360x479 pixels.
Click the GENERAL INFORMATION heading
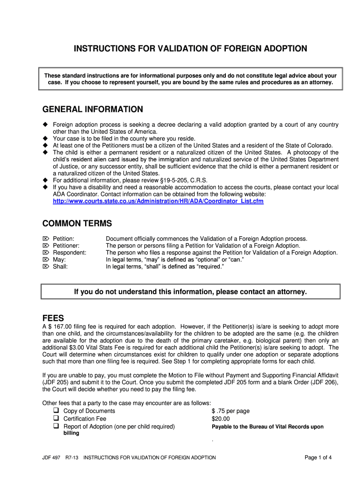93,109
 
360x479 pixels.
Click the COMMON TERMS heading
77,224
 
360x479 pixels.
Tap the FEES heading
53,318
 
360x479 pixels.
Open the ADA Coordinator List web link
158,201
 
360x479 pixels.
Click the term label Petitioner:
66,246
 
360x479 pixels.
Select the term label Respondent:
69,253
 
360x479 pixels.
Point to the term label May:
59,260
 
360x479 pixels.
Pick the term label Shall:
60,267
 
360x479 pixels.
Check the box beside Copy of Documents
56,411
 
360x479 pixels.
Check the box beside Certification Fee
56,419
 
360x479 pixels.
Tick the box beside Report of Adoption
56,426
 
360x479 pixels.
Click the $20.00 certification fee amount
221,419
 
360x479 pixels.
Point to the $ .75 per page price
230,411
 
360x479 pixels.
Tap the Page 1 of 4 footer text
318,457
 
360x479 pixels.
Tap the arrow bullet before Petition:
46,239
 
